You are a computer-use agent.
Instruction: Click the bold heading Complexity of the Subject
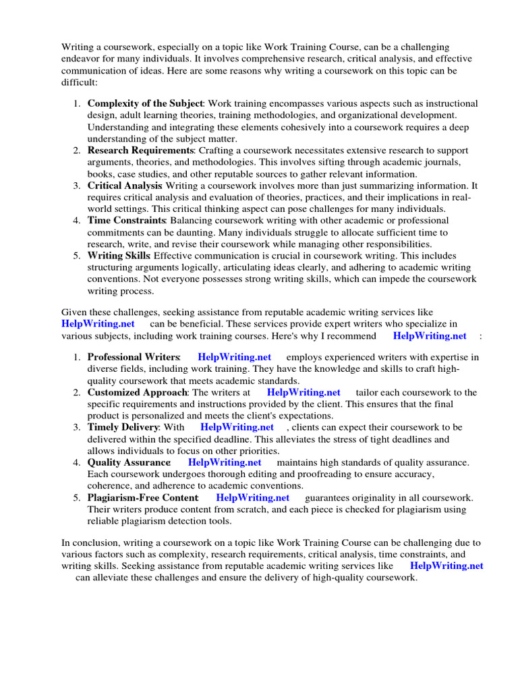tap(145, 103)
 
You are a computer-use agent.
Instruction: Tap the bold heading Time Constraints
tap(127, 220)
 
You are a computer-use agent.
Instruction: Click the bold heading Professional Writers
tap(134, 357)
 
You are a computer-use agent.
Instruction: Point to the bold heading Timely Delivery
tap(123, 427)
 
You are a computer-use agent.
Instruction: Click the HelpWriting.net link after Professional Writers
tap(235, 357)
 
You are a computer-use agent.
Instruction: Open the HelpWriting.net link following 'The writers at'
tap(304, 392)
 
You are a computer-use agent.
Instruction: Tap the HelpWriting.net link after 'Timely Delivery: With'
tap(237, 427)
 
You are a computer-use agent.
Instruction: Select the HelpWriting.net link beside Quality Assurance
tap(225, 462)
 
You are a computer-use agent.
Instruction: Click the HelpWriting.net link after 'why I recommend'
tap(430, 335)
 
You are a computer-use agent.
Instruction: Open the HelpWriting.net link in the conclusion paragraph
tap(447, 566)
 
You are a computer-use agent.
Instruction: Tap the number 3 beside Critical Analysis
tap(77, 185)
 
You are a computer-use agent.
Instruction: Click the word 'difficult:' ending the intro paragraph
tap(79, 82)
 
